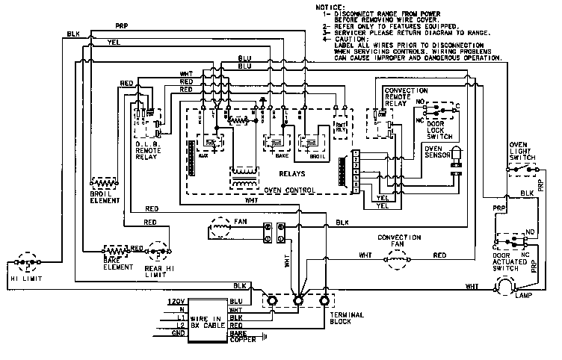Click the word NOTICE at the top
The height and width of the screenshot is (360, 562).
pos(332,7)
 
